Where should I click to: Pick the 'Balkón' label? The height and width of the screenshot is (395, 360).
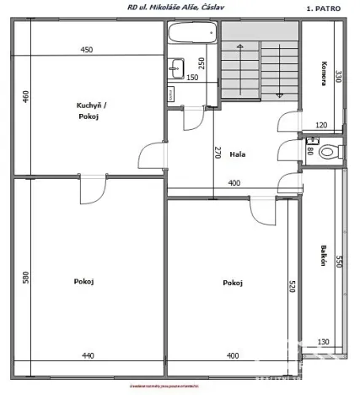[x=324, y=256]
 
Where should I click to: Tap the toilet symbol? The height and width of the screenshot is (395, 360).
[x=332, y=151]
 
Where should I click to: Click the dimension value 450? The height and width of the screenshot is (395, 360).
[x=87, y=50]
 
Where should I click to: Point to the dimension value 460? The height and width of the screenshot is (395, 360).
[x=24, y=95]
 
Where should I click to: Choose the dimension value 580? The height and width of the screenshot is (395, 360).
[x=24, y=276]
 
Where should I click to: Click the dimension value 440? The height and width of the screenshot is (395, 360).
[x=89, y=355]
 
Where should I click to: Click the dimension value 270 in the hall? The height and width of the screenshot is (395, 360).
[x=217, y=153]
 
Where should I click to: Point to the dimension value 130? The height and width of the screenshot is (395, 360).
[x=324, y=341]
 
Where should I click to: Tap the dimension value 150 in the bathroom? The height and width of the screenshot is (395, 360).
[x=192, y=78]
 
